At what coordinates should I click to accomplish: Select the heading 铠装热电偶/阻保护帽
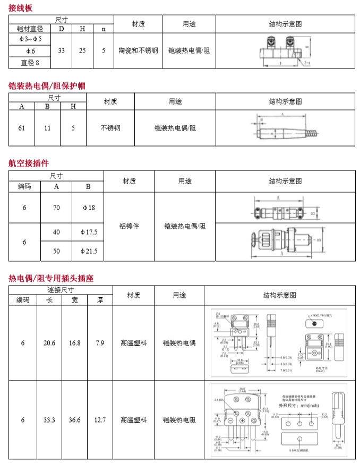(47, 85)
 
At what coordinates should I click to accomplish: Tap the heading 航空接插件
(29, 163)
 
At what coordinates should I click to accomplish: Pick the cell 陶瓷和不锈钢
(138, 50)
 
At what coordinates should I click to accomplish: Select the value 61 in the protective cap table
(22, 128)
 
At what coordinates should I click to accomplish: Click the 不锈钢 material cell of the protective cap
(110, 128)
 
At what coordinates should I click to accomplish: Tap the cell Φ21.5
(88, 251)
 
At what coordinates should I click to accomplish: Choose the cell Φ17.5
(88, 232)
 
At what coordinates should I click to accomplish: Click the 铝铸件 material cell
(129, 226)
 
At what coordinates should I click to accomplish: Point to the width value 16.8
(74, 343)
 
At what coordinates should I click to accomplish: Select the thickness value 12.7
(100, 420)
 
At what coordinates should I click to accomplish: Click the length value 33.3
(49, 420)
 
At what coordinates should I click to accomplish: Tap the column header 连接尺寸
(61, 290)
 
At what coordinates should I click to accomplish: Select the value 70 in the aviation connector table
(56, 208)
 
